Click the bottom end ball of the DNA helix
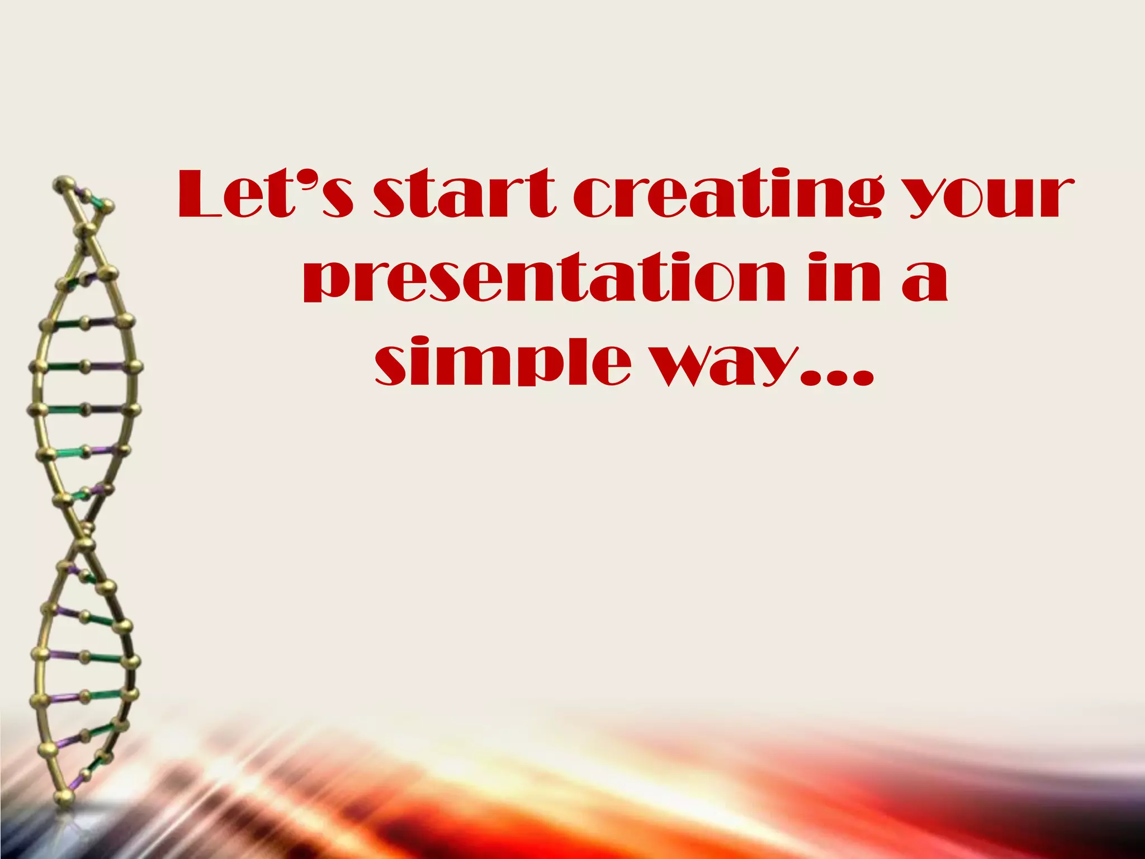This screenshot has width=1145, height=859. pos(64,796)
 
